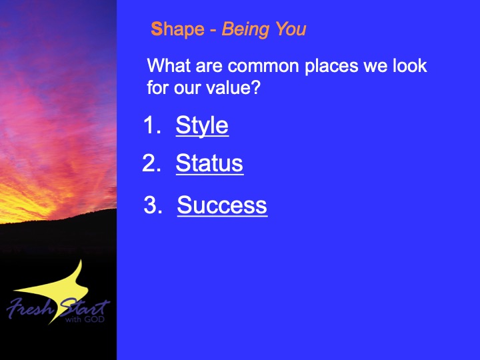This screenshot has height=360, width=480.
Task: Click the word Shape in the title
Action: tap(177, 30)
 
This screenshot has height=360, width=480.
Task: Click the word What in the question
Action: tap(169, 65)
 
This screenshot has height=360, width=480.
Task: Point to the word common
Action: tap(263, 66)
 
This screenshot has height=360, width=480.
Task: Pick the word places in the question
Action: tap(331, 67)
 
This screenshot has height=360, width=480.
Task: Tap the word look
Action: tap(410, 65)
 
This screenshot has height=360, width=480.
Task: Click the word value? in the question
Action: tap(233, 87)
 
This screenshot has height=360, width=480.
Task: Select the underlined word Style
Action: tap(202, 125)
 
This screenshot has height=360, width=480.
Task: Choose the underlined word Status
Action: tap(209, 163)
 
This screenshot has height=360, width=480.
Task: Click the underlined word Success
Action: tap(222, 205)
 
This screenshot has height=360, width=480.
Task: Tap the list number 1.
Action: tap(152, 125)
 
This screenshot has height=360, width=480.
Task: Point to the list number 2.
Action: tap(151, 163)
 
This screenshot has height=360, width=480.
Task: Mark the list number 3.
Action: tap(153, 205)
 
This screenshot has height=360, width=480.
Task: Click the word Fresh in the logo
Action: tap(30, 307)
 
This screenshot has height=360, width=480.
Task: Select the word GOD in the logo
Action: tap(94, 319)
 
